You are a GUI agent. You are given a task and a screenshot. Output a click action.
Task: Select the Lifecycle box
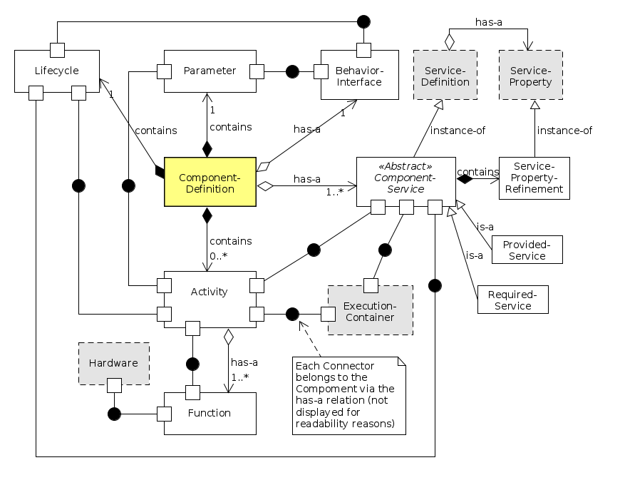57,71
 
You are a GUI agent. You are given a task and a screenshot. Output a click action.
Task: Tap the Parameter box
210,71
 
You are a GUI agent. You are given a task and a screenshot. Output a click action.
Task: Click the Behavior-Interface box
358,76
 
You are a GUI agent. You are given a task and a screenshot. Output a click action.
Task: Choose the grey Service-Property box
531,76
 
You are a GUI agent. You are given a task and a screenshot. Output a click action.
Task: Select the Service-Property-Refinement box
534,178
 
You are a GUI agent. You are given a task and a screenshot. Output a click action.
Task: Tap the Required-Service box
513,300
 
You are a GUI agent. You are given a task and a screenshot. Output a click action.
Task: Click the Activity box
210,292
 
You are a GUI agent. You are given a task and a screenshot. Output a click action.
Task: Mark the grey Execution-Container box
370,311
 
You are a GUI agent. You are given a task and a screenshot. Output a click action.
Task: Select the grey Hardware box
113,363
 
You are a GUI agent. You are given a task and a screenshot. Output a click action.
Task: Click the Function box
210,413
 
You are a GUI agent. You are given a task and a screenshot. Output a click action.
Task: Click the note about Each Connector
349,395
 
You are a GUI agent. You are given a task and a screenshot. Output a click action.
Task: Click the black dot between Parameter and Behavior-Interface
291,71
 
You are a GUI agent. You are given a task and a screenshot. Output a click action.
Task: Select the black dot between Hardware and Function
113,413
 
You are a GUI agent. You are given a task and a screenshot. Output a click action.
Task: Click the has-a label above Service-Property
489,23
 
